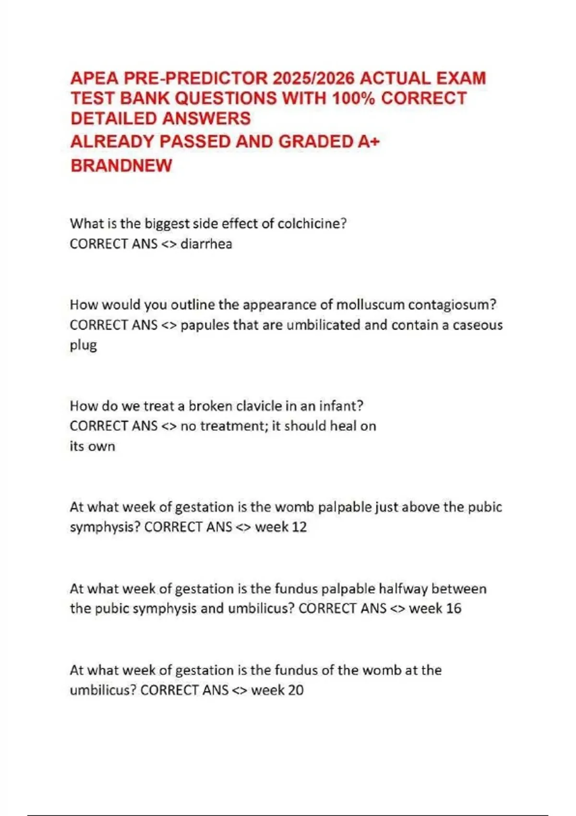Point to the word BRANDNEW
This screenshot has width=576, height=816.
click(x=121, y=166)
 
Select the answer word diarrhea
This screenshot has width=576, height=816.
click(x=206, y=244)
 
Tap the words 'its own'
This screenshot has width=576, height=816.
click(x=92, y=446)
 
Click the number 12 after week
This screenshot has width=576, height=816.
click(x=299, y=527)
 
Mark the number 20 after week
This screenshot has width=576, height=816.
click(x=296, y=690)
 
